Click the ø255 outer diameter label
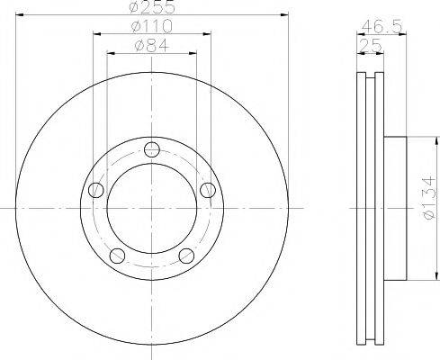pyautogui.click(x=151, y=7)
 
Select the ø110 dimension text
pyautogui.click(x=151, y=27)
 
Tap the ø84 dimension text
pyautogui.click(x=151, y=45)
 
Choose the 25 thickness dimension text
pyautogui.click(x=366, y=45)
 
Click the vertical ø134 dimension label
pyautogui.click(x=429, y=206)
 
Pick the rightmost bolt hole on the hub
pyautogui.click(x=208, y=189)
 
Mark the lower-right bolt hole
pyautogui.click(x=186, y=256)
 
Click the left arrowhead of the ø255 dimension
pyautogui.click(x=19, y=14)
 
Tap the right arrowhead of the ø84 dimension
pyautogui.click(x=193, y=52)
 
